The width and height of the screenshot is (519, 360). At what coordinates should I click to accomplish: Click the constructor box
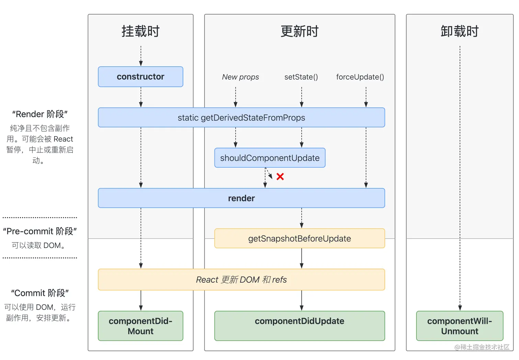tap(140, 77)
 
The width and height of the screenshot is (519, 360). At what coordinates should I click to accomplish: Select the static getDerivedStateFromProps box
tap(241, 117)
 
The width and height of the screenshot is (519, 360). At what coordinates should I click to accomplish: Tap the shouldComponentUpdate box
tap(270, 158)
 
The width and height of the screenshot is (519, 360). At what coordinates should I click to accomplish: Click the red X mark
tap(280, 177)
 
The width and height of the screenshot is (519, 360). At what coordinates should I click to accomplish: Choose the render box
tap(241, 198)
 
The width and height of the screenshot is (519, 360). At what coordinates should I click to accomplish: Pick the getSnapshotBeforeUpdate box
tap(299, 238)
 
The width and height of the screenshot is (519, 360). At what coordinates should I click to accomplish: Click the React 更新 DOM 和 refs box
tap(241, 280)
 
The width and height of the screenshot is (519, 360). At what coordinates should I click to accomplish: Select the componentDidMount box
tap(140, 326)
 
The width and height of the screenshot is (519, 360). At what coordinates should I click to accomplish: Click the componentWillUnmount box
tap(460, 326)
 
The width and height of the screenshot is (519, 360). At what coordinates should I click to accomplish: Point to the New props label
tap(240, 77)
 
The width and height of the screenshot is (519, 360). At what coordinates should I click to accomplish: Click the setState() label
tap(301, 77)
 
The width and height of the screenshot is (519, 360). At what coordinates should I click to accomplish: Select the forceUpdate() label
tap(360, 77)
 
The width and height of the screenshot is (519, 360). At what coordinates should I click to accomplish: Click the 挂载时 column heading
tap(140, 31)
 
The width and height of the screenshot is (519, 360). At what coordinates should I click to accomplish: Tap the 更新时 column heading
tap(299, 31)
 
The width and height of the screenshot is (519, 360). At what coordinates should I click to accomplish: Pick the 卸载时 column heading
tap(460, 31)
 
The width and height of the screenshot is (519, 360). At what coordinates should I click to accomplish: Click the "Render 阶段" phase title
tap(40, 114)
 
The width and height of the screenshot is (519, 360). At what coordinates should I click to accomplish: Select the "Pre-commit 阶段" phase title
tap(40, 231)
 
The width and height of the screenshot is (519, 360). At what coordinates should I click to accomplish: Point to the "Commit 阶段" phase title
tap(40, 293)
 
